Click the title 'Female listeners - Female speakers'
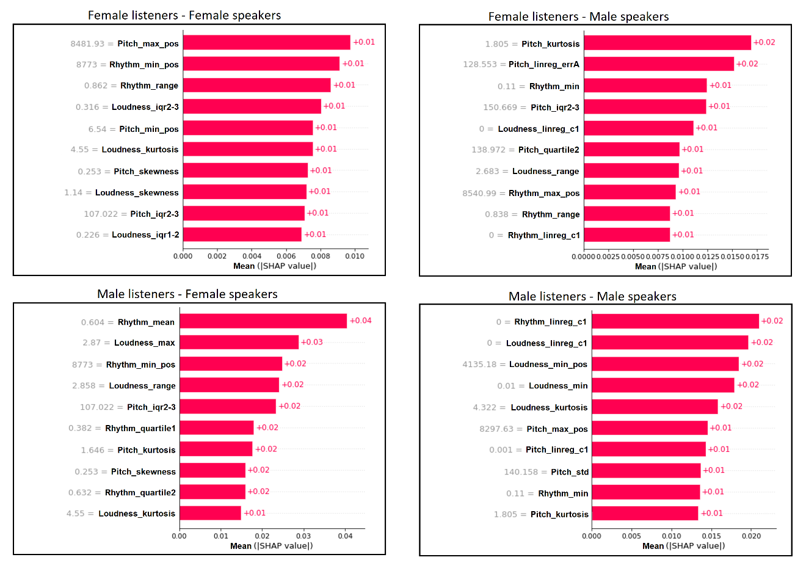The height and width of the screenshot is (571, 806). (184, 15)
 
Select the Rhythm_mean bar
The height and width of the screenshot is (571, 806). (263, 321)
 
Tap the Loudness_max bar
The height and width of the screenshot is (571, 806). (239, 343)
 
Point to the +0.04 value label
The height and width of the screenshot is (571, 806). (361, 321)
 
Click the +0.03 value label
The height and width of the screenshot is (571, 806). (312, 342)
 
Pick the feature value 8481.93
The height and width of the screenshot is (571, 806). (87, 43)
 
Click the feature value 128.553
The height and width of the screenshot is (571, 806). (480, 64)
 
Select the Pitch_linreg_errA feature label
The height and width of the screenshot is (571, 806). (544, 64)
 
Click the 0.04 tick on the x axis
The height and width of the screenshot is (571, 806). (345, 536)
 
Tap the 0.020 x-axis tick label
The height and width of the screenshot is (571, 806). (751, 536)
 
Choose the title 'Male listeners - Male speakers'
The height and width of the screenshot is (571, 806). (592, 296)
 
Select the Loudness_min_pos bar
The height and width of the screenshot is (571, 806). (665, 364)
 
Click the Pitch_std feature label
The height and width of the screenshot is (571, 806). (570, 471)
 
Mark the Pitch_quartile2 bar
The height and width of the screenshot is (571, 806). (631, 150)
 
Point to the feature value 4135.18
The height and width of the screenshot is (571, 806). (479, 365)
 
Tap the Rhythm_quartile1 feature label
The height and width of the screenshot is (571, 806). (140, 428)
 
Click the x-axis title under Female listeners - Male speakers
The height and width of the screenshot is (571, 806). (676, 266)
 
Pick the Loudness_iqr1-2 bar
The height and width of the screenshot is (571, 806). (242, 235)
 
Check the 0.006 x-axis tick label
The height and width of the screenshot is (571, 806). (286, 256)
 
